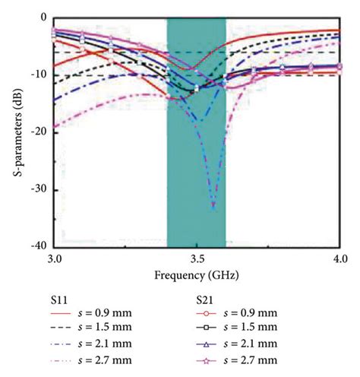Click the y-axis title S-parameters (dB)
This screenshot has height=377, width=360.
[17, 131]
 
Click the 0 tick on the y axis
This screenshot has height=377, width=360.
[44, 17]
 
